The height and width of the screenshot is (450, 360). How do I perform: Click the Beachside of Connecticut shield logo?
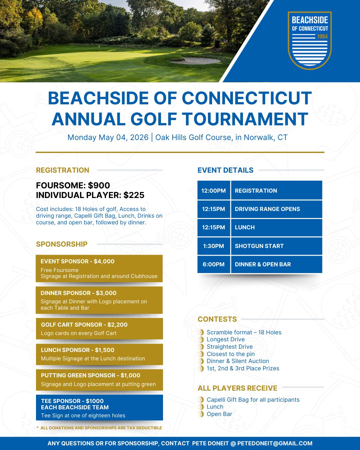[310, 40]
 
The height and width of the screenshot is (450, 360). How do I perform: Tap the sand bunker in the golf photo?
[195, 61]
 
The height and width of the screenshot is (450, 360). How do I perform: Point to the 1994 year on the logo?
[322, 36]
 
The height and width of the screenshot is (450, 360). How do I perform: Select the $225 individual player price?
[134, 195]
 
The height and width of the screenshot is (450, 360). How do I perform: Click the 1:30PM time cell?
[214, 246]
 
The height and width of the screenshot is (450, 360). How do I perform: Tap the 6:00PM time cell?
[214, 264]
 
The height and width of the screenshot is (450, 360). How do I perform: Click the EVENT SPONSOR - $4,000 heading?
[77, 261]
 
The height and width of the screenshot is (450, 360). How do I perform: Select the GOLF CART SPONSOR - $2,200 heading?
[84, 325]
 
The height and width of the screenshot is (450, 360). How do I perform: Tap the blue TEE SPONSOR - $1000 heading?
[72, 401]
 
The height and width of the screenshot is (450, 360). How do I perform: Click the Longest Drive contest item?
[226, 339]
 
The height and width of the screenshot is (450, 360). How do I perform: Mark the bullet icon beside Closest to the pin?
[201, 354]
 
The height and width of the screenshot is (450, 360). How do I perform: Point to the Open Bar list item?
[219, 414]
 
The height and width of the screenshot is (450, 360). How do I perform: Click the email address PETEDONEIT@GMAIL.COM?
[275, 443]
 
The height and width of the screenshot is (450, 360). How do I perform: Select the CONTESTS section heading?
[217, 319]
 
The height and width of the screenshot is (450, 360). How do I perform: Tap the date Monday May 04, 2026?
[108, 137]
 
